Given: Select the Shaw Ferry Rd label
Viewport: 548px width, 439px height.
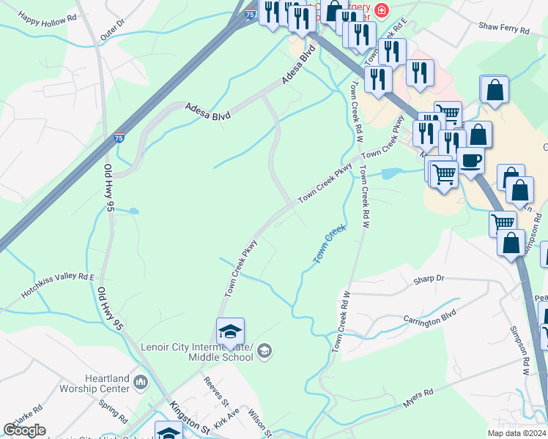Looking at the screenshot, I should click(x=503, y=29).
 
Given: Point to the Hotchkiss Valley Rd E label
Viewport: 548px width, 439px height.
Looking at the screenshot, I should click(x=59, y=285).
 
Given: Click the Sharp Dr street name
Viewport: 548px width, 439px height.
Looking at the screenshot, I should click(x=429, y=279).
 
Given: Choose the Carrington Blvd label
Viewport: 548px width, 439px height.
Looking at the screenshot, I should click(x=430, y=319).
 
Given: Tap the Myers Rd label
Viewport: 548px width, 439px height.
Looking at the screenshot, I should click(x=419, y=398).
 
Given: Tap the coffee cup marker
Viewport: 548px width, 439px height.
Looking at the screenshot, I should click(x=470, y=160).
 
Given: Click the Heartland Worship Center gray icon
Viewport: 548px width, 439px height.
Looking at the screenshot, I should click(x=141, y=381).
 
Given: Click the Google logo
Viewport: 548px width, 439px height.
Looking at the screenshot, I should click(x=25, y=430).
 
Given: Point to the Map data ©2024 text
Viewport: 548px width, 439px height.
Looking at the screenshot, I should click(x=514, y=433).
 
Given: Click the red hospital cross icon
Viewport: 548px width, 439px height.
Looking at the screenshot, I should click(x=381, y=10).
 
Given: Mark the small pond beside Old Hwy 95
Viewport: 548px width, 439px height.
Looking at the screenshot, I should click(x=133, y=211).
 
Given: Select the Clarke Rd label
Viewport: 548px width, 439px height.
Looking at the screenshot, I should click(x=28, y=414).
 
